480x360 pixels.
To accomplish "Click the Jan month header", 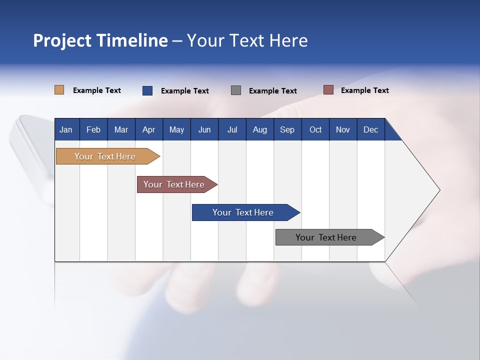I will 66,130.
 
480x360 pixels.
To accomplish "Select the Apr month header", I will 148,130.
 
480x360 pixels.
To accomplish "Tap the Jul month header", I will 232,130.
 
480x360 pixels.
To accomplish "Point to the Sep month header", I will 287,130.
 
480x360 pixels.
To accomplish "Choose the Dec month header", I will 370,130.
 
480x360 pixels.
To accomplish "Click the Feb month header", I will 93,130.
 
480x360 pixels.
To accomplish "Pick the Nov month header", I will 342,130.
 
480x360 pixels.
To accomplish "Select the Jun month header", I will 204,130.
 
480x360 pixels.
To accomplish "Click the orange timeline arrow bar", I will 105,156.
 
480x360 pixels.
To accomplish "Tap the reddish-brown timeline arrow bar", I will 174,184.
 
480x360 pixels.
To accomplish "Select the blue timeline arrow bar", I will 243,212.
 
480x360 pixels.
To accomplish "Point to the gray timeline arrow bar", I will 326,237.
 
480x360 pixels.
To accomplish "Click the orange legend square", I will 59,90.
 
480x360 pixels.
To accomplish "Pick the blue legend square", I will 147,90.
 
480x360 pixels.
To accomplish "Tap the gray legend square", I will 236,90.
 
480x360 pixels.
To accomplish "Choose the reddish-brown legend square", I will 328,90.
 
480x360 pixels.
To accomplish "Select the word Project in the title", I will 62,40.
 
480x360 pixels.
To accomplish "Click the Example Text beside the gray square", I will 272,91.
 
